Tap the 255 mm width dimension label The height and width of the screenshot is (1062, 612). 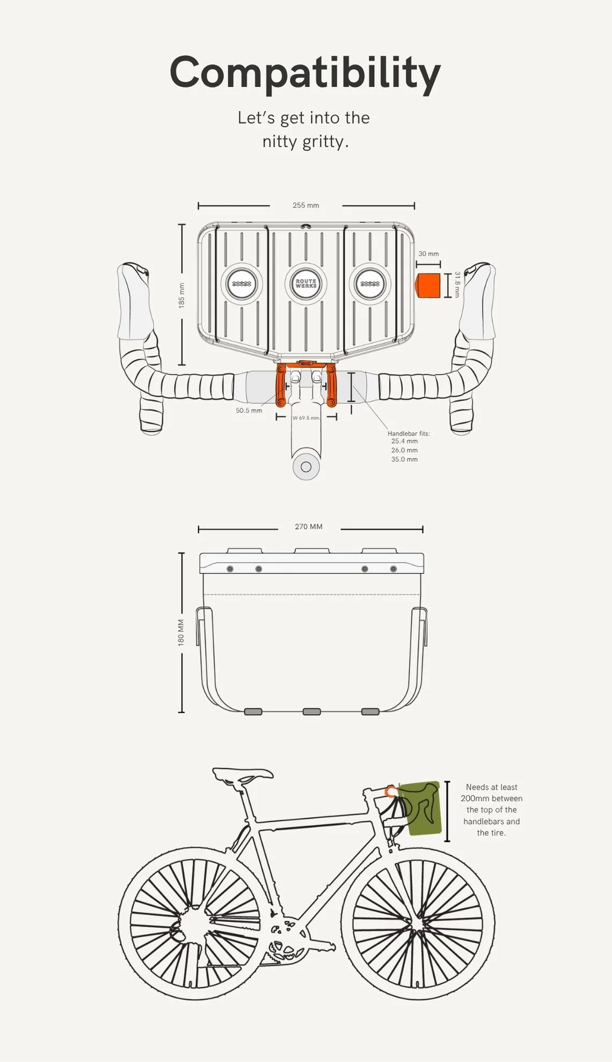[306, 205]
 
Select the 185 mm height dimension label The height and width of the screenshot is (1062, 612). [181, 295]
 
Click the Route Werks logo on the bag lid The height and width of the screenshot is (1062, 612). [306, 283]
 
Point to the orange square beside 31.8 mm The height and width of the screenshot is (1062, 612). [429, 285]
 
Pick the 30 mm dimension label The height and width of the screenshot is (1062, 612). [428, 253]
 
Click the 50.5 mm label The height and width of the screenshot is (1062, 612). [249, 410]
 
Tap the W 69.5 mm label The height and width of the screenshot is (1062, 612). [306, 418]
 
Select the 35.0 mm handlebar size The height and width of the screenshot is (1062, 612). [404, 459]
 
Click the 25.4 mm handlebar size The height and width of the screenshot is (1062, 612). [404, 441]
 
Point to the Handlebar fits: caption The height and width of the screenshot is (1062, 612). [409, 433]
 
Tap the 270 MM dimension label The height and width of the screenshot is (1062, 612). [309, 527]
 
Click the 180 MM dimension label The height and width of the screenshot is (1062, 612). [181, 632]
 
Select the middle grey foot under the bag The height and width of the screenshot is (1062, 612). [312, 711]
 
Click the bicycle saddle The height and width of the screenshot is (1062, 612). [243, 775]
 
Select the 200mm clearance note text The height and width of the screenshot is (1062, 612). [491, 810]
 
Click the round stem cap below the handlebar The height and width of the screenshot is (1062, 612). [306, 467]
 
